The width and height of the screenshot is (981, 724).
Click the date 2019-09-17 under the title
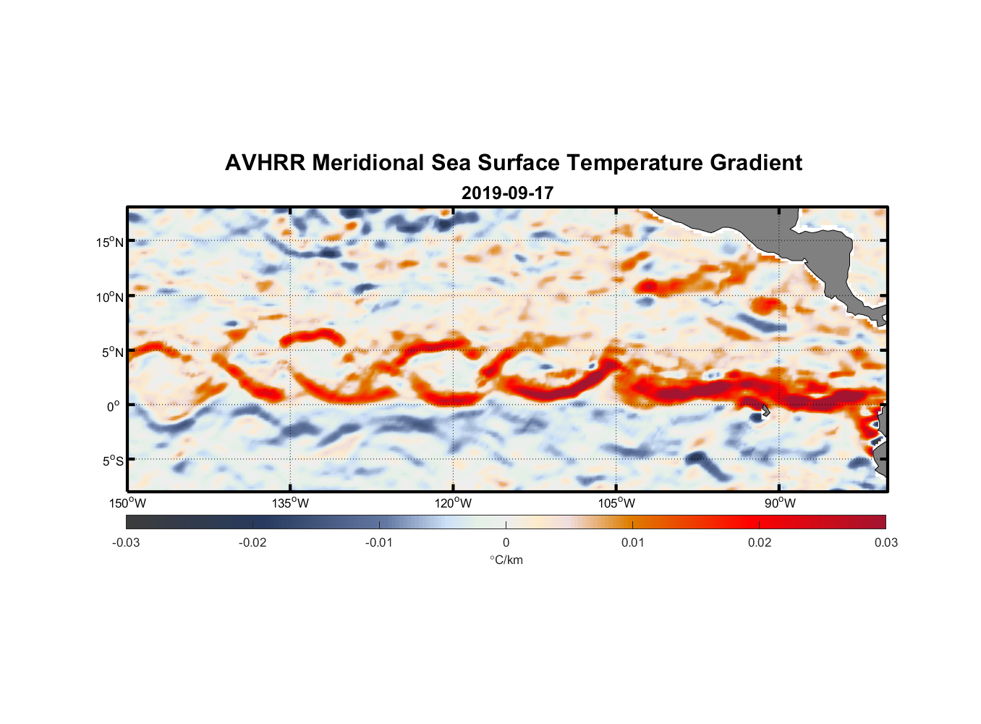coord(507,193)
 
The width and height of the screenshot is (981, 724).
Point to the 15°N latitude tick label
coord(110,242)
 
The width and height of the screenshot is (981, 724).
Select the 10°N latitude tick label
coord(110,297)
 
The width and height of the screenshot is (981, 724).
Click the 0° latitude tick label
coord(114,406)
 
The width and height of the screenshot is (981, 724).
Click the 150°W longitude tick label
coord(127,503)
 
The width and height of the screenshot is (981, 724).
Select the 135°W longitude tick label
coord(290,503)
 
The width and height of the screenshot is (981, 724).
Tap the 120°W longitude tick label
coord(454,503)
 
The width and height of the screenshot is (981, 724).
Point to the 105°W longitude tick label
coord(616,503)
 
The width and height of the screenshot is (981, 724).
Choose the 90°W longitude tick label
coord(780,503)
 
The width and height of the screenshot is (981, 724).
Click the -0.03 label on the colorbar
coord(126,542)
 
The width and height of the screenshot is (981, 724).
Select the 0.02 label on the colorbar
coord(760,542)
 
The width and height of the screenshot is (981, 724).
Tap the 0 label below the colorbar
coord(506,542)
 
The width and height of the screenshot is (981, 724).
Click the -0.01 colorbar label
coord(379,542)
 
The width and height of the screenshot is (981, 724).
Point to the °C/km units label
coord(506,560)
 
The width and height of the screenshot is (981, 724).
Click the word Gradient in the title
coord(755,163)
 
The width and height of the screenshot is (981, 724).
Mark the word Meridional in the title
coord(368,163)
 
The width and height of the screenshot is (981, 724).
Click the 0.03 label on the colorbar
coord(886,542)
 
